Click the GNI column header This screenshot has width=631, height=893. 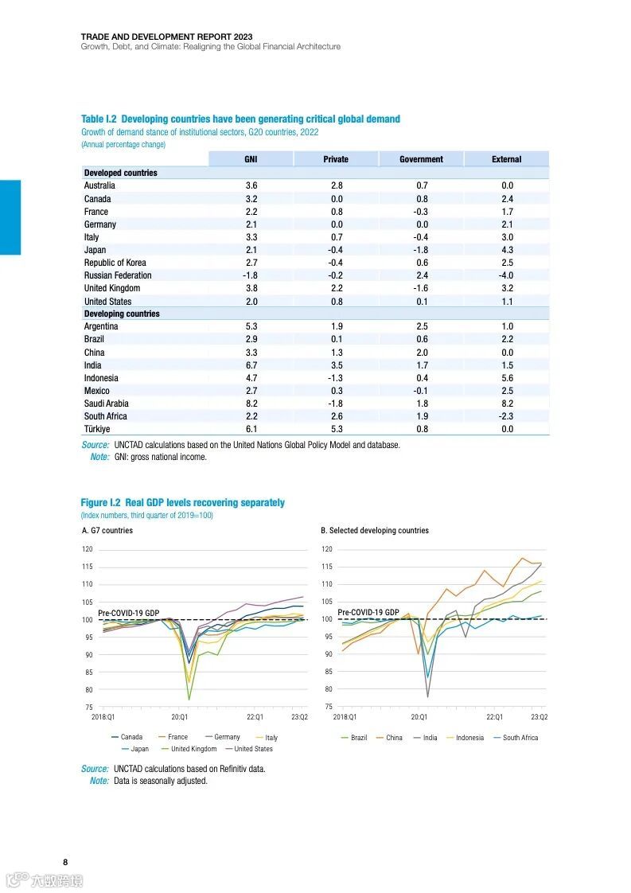[x=251, y=159]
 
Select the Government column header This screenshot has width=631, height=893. [x=421, y=159]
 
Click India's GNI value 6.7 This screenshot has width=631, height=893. [x=251, y=365]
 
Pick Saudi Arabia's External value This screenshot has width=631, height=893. [x=507, y=404]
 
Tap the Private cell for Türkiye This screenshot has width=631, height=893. [x=336, y=429]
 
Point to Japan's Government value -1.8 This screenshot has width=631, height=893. [x=421, y=250]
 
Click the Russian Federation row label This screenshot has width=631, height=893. [x=118, y=275]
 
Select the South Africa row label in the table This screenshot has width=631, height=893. [x=106, y=416]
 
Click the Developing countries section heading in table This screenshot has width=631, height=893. [x=122, y=314]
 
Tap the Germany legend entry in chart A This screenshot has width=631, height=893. [x=227, y=737]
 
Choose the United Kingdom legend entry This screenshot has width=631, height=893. [x=193, y=749]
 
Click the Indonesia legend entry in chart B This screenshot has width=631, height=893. [x=469, y=738]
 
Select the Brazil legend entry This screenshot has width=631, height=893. [x=359, y=738]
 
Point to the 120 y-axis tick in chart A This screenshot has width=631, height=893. [x=88, y=549]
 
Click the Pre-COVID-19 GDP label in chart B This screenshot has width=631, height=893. [x=368, y=612]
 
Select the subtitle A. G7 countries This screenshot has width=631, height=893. [x=107, y=530]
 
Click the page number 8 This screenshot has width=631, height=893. [x=65, y=862]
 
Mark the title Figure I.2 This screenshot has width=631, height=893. [x=182, y=502]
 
